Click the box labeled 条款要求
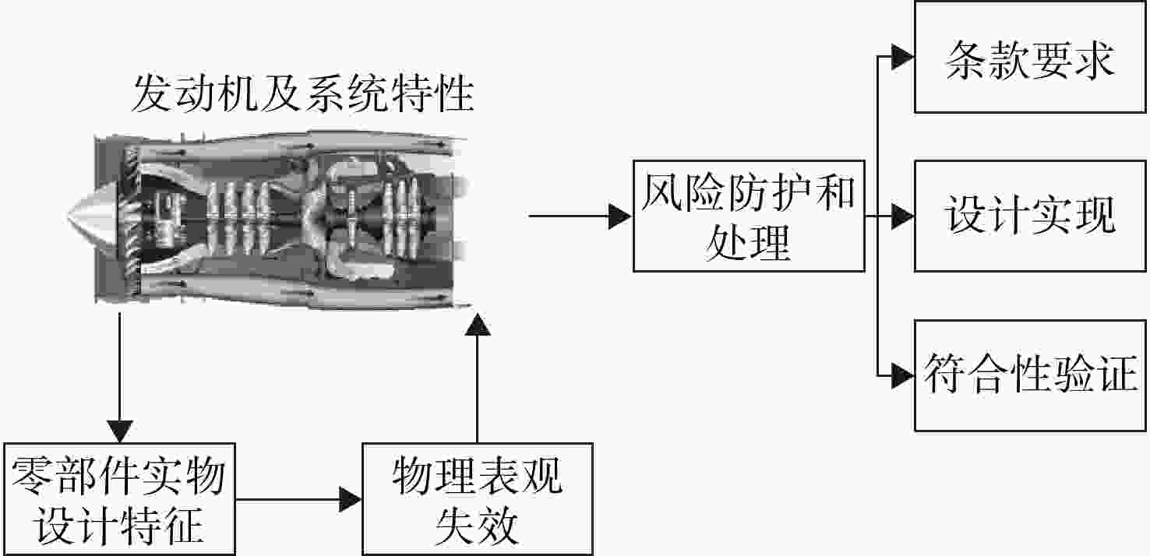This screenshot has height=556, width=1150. [1030, 57]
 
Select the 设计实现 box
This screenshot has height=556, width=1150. [1030, 216]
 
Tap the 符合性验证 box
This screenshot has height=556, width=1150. [1030, 376]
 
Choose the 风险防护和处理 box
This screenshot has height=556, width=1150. [749, 216]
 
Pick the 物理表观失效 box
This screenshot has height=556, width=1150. [478, 499]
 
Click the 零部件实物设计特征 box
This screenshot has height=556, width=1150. [120, 499]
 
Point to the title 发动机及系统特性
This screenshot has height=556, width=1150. [303, 94]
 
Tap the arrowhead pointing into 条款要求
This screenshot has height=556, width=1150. [902, 57]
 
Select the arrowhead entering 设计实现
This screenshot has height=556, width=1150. [902, 216]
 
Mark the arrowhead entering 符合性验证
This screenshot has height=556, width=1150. [902, 376]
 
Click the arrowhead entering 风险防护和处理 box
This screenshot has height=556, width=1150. [620, 216]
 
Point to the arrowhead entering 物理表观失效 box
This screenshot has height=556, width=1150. [350, 499]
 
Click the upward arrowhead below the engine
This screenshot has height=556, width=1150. [478, 324]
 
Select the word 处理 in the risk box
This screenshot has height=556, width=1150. [748, 243]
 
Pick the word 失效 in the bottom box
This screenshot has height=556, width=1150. [477, 526]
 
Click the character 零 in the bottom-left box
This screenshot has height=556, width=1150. [32, 476]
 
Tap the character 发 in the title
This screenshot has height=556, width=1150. [152, 94]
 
